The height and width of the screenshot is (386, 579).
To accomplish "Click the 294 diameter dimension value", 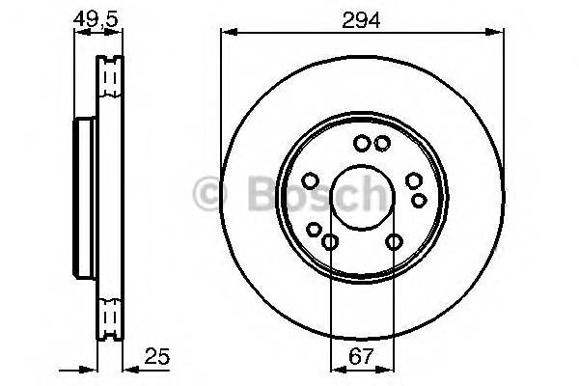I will coord(361,17).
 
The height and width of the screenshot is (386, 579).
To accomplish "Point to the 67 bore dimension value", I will coord(361,356).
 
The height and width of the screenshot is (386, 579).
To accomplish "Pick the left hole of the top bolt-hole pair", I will coord(361,144).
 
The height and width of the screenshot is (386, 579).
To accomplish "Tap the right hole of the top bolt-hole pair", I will coord(382,144).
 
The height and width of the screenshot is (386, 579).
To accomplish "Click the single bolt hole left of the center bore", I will coord(310,180).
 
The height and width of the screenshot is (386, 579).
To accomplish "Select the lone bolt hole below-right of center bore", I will coord(394,242).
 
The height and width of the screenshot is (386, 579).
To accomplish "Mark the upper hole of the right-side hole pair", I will coord(414,180).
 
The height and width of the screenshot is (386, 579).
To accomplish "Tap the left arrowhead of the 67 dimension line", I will coord(335,368).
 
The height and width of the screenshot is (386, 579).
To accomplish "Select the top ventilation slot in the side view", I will coord(112,75).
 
